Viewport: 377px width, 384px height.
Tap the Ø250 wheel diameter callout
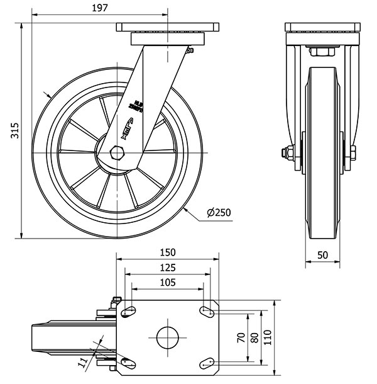coord(219,212)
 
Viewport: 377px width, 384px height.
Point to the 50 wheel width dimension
coord(322,254)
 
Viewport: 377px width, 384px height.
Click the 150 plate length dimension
coord(167,252)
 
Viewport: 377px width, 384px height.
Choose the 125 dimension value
coord(167,268)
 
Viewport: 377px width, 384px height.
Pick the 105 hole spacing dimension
coord(167,283)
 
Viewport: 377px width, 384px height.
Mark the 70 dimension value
coord(240,337)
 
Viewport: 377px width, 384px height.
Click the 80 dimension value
coord(254,337)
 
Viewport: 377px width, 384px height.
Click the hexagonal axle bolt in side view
coord(117,152)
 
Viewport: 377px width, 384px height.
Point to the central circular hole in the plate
coord(167,337)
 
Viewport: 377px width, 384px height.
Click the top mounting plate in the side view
coord(168,29)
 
